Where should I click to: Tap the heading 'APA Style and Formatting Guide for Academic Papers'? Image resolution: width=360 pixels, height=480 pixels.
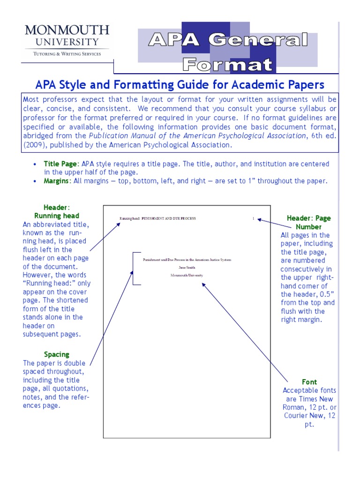click(x=180, y=85)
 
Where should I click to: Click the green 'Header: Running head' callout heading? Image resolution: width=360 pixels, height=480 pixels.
click(x=56, y=211)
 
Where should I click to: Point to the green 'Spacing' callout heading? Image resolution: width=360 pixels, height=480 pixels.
click(x=56, y=354)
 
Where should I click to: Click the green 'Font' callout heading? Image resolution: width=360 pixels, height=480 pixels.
click(x=309, y=382)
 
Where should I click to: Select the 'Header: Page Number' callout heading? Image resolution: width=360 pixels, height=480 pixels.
click(x=308, y=222)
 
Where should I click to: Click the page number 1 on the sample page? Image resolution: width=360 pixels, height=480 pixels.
click(x=254, y=218)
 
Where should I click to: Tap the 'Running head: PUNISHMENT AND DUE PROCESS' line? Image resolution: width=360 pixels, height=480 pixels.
click(x=157, y=218)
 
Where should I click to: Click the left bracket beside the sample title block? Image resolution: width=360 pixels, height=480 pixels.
click(x=134, y=268)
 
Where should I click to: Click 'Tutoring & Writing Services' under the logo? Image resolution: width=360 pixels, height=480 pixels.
click(x=67, y=54)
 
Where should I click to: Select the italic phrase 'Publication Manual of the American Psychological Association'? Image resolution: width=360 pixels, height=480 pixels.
click(x=197, y=135)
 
